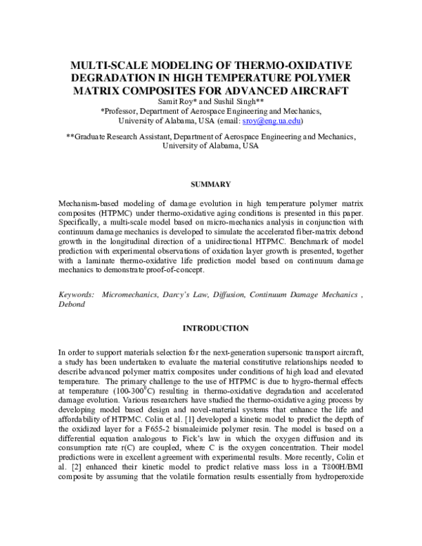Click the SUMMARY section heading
(x=211, y=184)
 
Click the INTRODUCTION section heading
(x=211, y=328)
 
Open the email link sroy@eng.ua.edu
(x=283, y=121)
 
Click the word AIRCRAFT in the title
(x=314, y=91)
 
